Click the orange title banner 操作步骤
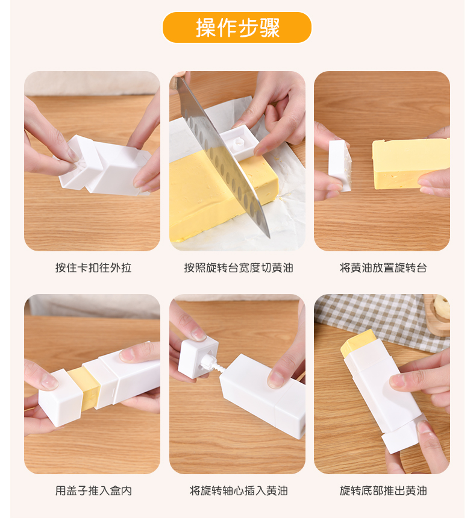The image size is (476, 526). click(x=237, y=28)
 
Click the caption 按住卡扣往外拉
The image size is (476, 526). click(x=93, y=268)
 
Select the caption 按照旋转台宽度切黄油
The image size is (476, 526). click(x=239, y=268)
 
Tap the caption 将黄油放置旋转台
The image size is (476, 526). click(x=383, y=268)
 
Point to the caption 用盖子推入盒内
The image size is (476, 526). click(x=93, y=491)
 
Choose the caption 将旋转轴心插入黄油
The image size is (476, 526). click(x=239, y=491)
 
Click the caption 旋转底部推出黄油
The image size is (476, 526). click(x=383, y=491)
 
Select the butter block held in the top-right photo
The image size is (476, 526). click(x=410, y=164)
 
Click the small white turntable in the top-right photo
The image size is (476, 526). click(x=340, y=165)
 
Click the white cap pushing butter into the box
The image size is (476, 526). click(x=60, y=398)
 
